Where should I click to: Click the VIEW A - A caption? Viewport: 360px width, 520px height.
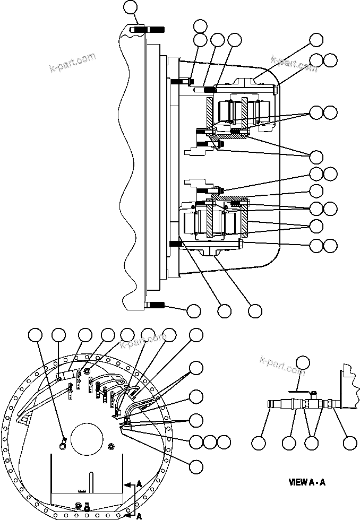[x=306, y=483]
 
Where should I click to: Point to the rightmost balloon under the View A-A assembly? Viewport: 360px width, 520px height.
[x=349, y=443]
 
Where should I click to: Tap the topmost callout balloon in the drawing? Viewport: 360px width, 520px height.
[x=130, y=7]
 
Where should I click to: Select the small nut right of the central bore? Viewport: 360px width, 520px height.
[x=112, y=445]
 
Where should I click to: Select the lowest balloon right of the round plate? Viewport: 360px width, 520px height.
[x=196, y=466]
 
